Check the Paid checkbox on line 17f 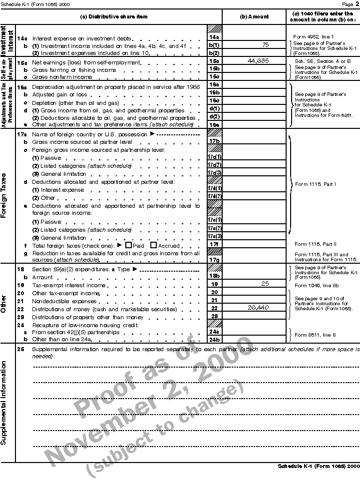[x=128, y=245]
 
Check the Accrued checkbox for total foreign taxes [x=154, y=245]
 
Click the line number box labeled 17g [x=214, y=260]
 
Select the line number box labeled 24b [x=214, y=339]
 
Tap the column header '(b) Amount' [x=254, y=16]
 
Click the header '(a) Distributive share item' [x=114, y=16]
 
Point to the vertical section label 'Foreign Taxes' [x=7, y=196]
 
